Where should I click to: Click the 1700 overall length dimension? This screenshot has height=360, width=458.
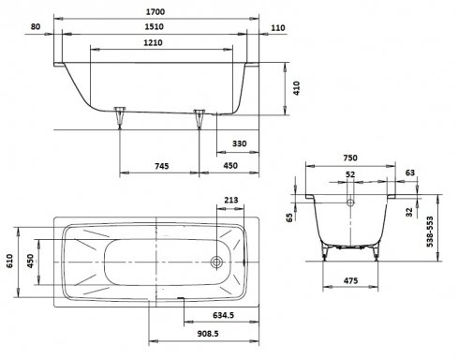coord(155,12)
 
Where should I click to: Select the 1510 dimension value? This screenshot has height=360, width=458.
coord(154,26)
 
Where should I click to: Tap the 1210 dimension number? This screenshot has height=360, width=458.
coord(153,42)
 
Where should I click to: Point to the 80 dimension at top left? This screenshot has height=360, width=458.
coord(36,26)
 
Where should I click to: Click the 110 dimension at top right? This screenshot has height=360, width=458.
coord(278,28)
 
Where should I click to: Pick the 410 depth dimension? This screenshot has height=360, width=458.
coord(296,88)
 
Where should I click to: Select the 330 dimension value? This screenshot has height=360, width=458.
coord(240,143)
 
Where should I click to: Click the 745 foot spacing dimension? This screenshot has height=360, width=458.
coord(162,166)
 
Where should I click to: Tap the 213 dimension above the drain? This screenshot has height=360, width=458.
coord(231,200)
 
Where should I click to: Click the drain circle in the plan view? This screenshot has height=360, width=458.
coord(216,262)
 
